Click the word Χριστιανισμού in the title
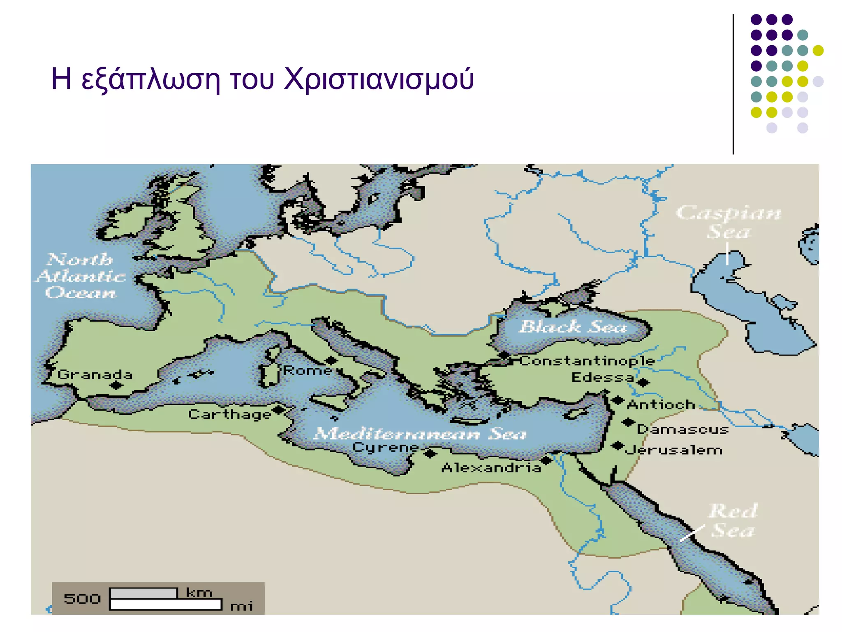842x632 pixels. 379,79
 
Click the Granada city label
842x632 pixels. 95,374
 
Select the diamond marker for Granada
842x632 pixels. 116,386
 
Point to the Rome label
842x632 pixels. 307,370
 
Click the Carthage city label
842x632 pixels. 229,414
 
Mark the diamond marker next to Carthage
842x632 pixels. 278,409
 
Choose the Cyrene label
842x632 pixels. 386,447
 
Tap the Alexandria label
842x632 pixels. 491,468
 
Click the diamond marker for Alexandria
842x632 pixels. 546,460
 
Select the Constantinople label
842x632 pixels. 587,361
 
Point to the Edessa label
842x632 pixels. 603,377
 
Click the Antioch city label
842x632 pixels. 661,405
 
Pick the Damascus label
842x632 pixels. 682,430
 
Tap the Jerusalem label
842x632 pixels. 674,450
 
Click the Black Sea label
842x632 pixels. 573,327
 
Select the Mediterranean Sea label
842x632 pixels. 419,434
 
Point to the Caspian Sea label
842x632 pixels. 729,222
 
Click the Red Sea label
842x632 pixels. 733,520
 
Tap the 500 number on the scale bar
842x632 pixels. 82,599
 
